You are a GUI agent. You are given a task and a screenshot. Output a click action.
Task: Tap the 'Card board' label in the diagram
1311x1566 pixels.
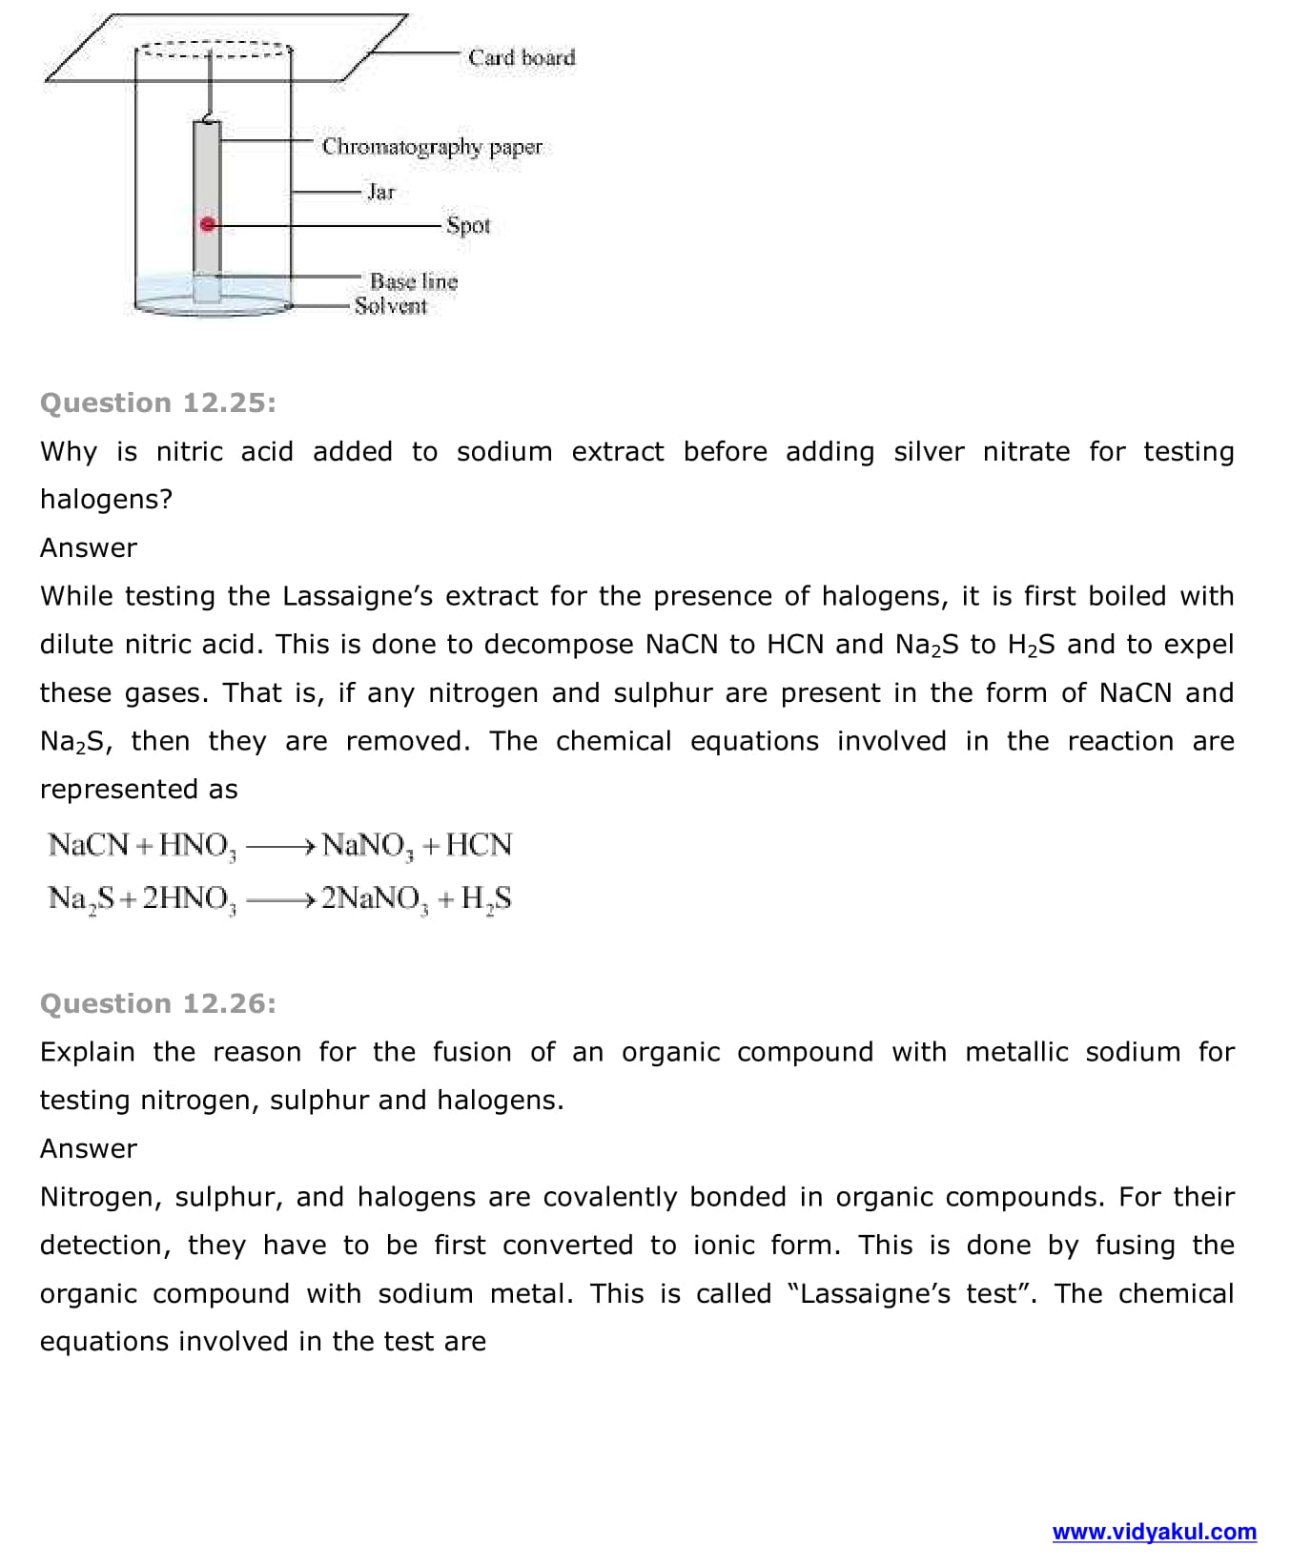(x=522, y=58)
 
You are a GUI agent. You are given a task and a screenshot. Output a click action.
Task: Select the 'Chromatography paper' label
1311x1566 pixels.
(x=431, y=147)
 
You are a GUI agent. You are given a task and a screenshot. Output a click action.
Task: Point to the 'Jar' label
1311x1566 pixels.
(x=380, y=193)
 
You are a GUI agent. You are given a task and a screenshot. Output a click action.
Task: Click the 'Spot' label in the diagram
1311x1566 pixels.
(x=468, y=226)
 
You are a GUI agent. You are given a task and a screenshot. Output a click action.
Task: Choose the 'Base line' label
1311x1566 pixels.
(x=414, y=281)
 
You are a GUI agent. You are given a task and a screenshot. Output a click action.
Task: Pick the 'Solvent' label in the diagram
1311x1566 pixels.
(x=391, y=306)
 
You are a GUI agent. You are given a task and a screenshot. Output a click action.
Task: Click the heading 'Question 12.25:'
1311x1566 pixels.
(x=158, y=403)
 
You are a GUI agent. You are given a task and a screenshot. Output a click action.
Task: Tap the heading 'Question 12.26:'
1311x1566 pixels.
(x=158, y=1004)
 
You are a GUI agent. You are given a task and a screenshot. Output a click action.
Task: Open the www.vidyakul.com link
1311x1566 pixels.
(x=1154, y=1533)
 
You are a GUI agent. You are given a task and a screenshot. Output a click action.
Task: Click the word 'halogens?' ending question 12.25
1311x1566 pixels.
(x=106, y=500)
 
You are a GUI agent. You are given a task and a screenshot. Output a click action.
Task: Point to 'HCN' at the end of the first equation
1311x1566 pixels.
(x=479, y=845)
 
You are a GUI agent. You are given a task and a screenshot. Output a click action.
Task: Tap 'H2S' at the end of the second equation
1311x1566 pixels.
(x=486, y=899)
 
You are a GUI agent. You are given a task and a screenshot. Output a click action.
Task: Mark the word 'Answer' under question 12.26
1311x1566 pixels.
(x=89, y=1149)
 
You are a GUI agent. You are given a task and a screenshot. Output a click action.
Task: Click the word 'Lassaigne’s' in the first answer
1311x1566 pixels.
(x=358, y=597)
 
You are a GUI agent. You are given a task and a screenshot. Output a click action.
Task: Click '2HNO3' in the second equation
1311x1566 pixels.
(x=189, y=899)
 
